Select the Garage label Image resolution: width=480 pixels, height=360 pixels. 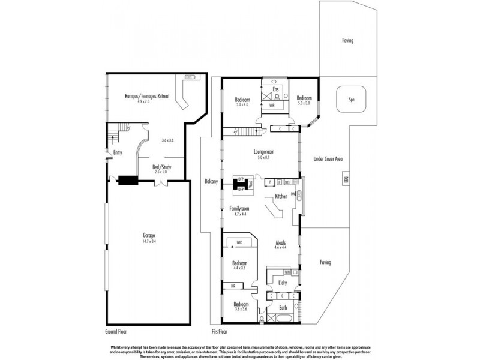[x=149, y=237]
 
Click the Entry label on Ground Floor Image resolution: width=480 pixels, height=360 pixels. [x=118, y=153]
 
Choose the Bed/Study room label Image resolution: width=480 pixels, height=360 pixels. [x=161, y=167]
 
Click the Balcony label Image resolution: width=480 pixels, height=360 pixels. [x=211, y=181]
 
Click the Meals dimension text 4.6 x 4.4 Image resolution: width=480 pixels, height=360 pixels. [x=281, y=247]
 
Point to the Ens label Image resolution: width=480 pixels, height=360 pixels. [x=275, y=89]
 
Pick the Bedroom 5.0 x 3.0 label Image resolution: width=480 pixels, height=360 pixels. [x=304, y=100]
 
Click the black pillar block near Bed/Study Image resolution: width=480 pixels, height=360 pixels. [x=127, y=179]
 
